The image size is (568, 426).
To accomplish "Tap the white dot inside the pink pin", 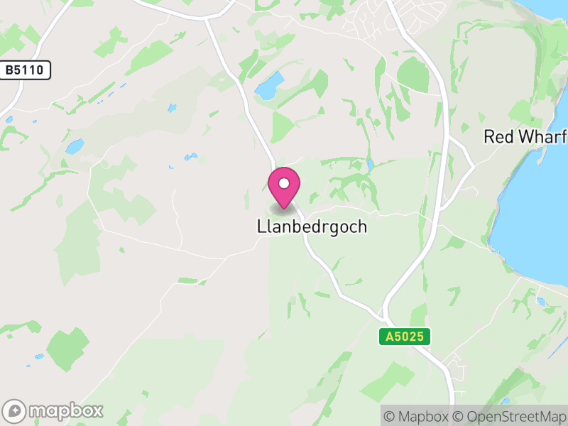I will click(x=284, y=183).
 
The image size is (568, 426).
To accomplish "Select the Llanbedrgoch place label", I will click(x=312, y=227).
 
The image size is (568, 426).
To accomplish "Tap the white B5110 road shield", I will click(x=26, y=70).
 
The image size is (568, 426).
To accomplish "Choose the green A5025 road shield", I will click(x=404, y=337).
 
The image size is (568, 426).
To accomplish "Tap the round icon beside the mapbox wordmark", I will click(x=15, y=410).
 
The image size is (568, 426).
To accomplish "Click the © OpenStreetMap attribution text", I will click(x=509, y=416).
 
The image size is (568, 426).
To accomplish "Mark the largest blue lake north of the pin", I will click(x=268, y=87).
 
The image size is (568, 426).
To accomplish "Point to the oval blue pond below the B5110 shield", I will click(x=74, y=146).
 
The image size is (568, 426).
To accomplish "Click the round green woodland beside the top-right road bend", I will click(x=413, y=75).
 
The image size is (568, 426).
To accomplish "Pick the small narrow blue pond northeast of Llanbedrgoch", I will click(x=370, y=165).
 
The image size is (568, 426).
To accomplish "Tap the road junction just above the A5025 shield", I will click(x=384, y=313).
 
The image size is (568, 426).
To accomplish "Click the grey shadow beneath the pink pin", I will click(x=283, y=209).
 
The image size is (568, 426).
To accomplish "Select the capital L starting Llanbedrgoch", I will click(x=261, y=227).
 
